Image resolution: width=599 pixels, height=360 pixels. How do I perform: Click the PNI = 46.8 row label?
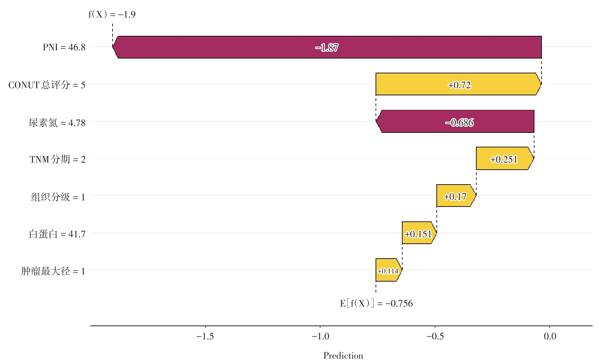64,47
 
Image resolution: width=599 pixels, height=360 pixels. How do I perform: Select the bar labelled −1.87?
327,47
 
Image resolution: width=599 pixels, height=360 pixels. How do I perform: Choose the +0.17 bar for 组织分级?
456,196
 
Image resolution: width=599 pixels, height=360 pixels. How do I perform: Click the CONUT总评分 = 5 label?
47,85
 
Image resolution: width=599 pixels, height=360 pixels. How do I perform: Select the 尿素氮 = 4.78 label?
57,122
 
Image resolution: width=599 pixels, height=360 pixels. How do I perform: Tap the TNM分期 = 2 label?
57,159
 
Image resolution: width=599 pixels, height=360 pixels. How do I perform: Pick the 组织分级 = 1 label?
58,196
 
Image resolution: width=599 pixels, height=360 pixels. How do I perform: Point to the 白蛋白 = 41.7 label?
57,234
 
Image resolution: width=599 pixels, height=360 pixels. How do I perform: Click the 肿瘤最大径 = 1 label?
53,271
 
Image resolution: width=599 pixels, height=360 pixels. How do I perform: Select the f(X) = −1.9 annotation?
112,15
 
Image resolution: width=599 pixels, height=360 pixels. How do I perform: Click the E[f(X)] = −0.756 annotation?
376,303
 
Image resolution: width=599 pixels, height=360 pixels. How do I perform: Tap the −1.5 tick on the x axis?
205,336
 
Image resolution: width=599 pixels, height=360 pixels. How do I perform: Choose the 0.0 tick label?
550,336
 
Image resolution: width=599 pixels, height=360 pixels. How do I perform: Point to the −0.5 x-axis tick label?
435,336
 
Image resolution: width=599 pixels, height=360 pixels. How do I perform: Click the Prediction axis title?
343,356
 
